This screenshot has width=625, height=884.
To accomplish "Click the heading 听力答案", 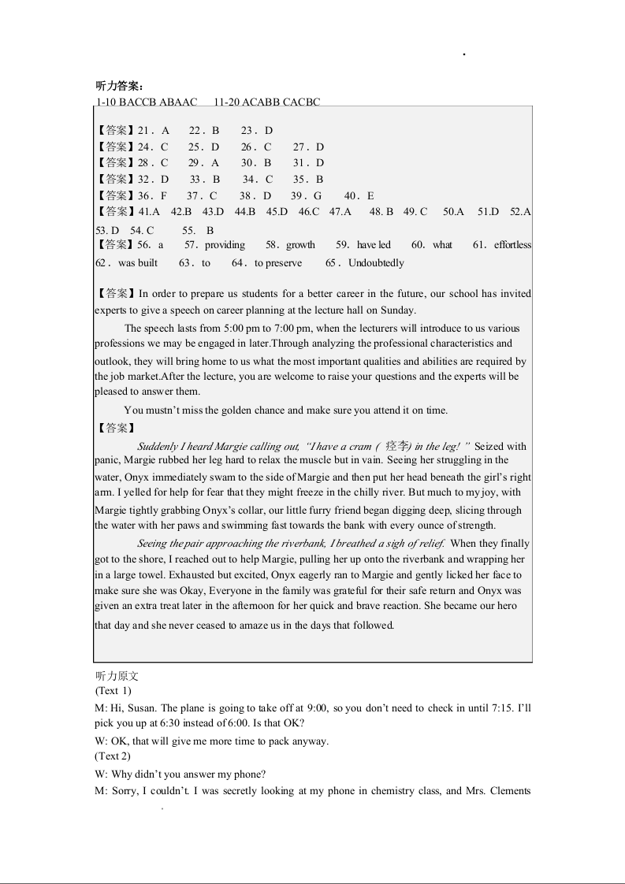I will tap(119, 87).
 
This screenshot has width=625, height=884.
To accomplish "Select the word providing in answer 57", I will tap(225, 245).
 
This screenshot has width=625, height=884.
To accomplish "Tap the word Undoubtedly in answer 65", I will tap(376, 263).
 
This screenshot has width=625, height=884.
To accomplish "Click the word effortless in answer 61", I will tap(512, 245).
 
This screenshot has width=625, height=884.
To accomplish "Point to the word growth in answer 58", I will tap(300, 245).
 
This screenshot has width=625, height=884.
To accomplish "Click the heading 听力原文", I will tap(117, 676).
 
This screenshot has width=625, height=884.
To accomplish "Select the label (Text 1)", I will tap(113, 691).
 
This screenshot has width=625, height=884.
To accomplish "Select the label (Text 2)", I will tap(113, 756).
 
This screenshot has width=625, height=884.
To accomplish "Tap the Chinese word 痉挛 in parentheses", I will tap(397, 447).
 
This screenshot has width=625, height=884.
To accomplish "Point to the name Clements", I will tap(508, 791).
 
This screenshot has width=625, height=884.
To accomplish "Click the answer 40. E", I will tap(359, 196).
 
